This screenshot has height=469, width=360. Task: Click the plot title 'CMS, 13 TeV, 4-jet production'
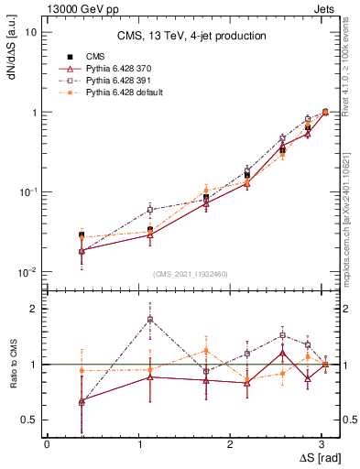tap(191, 37)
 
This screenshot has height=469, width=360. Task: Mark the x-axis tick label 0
tap(47, 443)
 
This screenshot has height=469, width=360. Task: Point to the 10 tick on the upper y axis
tap(31, 32)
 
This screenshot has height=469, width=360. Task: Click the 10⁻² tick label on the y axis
tap(27, 272)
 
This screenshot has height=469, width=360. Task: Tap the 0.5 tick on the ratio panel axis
tap(30, 420)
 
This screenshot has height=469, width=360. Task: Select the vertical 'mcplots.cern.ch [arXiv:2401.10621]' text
tap(352, 212)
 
